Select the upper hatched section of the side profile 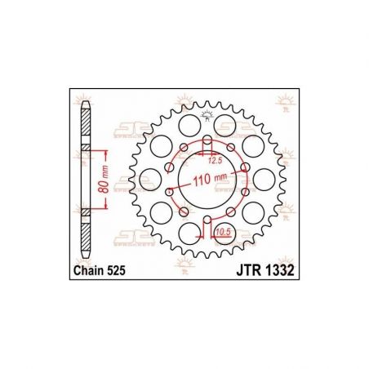click(x=87, y=131)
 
